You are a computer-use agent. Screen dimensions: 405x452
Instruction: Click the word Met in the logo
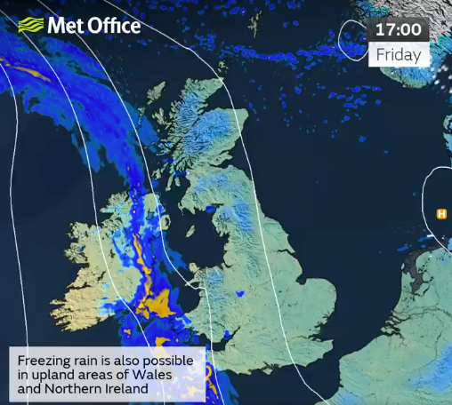point(66,25)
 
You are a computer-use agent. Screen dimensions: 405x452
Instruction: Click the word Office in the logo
point(113,25)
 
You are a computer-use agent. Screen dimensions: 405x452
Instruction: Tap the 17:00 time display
point(398,29)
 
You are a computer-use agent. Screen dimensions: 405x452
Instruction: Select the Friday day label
point(398,54)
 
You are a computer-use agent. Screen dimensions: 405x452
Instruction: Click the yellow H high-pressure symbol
point(440,213)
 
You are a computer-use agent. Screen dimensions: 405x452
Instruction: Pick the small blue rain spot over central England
point(240,292)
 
